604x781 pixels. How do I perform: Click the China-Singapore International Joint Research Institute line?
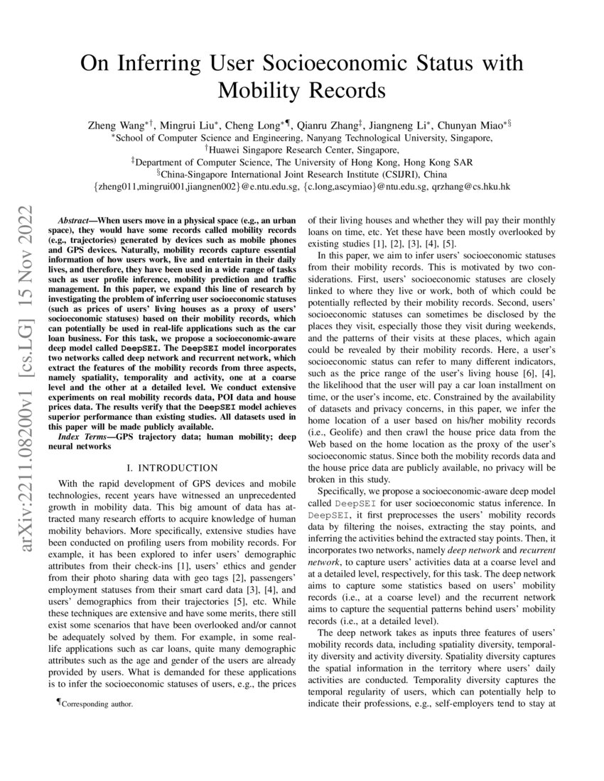tap(302, 174)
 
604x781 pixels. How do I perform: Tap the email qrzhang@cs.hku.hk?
tap(465, 187)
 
